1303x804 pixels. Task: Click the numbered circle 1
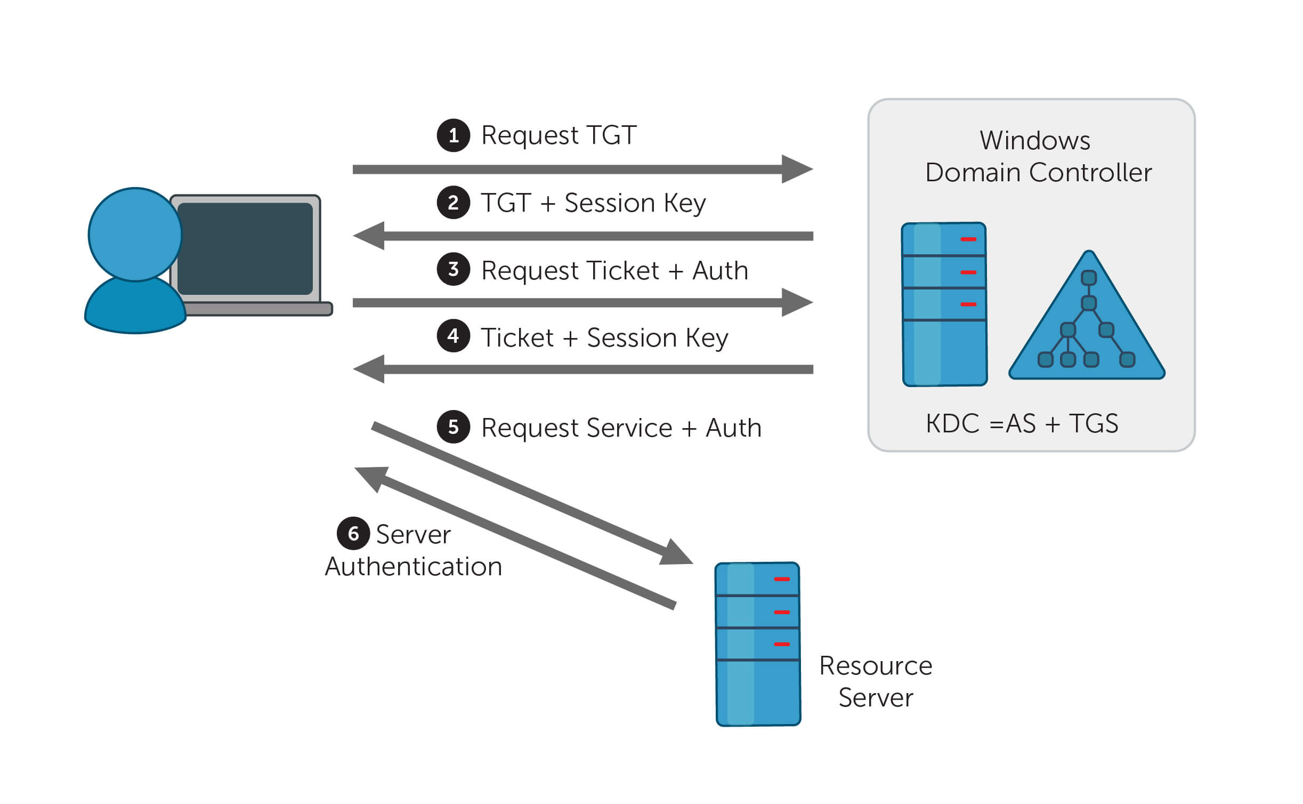[453, 135]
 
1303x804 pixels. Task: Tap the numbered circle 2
[453, 203]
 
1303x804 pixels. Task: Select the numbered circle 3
[453, 269]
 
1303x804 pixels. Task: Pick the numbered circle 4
[453, 336]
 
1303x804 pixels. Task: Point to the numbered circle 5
[453, 427]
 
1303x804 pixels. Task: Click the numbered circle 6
[353, 533]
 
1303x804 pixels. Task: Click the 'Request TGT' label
[559, 135]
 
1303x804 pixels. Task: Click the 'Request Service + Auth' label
[621, 428]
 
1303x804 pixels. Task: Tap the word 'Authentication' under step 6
[414, 567]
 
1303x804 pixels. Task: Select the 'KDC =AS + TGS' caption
[1022, 424]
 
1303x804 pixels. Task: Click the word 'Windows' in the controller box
[1034, 141]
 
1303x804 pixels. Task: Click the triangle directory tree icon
[1087, 325]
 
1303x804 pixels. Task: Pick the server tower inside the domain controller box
[944, 304]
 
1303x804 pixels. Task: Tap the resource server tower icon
[757, 644]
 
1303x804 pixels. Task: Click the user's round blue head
[135, 235]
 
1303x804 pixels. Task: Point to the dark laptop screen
[245, 248]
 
